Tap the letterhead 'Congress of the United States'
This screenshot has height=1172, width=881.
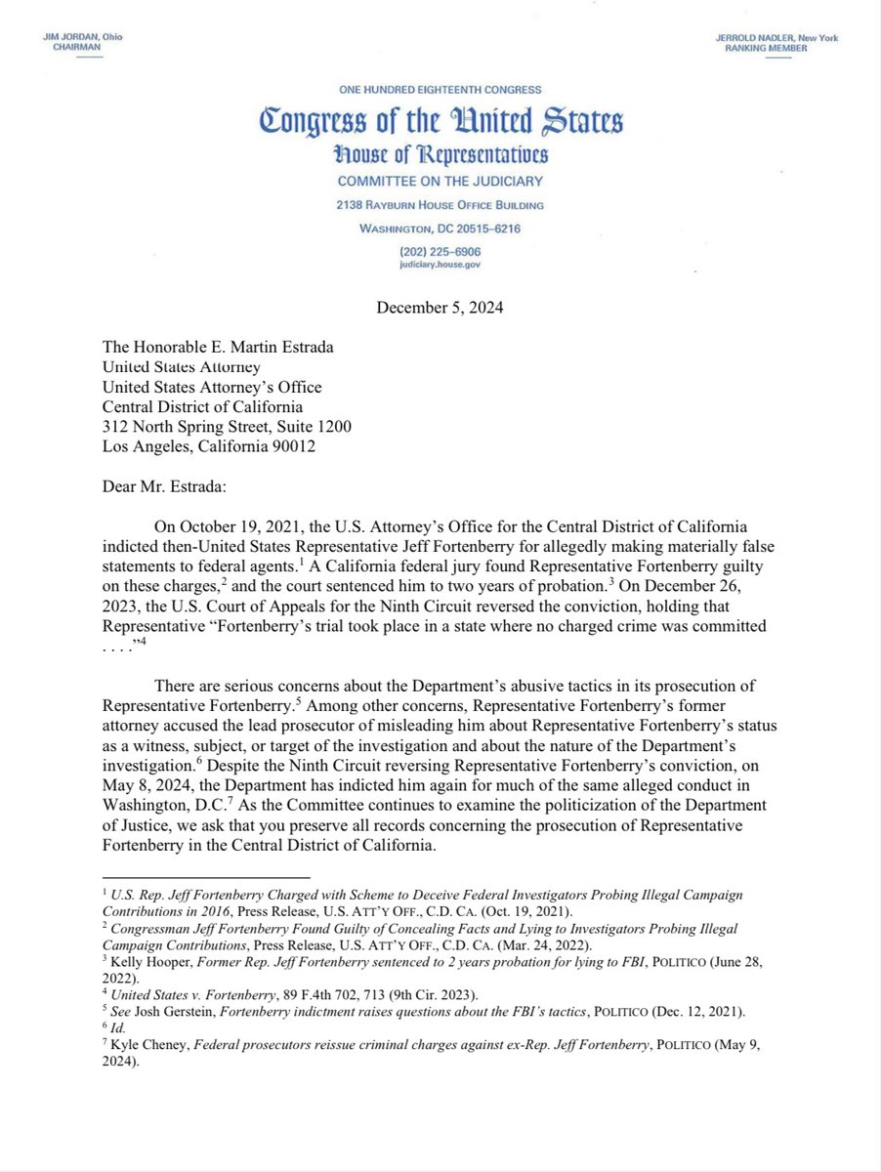[440, 123]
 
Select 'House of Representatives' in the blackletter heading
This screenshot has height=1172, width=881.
[440, 154]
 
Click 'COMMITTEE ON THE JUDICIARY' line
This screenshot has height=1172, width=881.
[440, 182]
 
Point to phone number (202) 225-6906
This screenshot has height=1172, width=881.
[440, 250]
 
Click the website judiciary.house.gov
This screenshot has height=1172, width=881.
[440, 264]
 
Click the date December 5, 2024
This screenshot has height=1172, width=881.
[440, 309]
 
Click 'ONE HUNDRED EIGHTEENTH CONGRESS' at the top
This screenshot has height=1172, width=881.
[440, 89]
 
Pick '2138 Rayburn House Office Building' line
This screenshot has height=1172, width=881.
[440, 205]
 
